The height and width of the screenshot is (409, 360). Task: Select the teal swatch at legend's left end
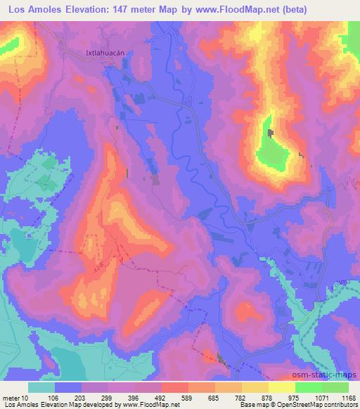coord(41,387)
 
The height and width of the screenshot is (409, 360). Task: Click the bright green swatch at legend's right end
coord(335,387)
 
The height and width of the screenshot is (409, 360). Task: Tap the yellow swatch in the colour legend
coord(281,387)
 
